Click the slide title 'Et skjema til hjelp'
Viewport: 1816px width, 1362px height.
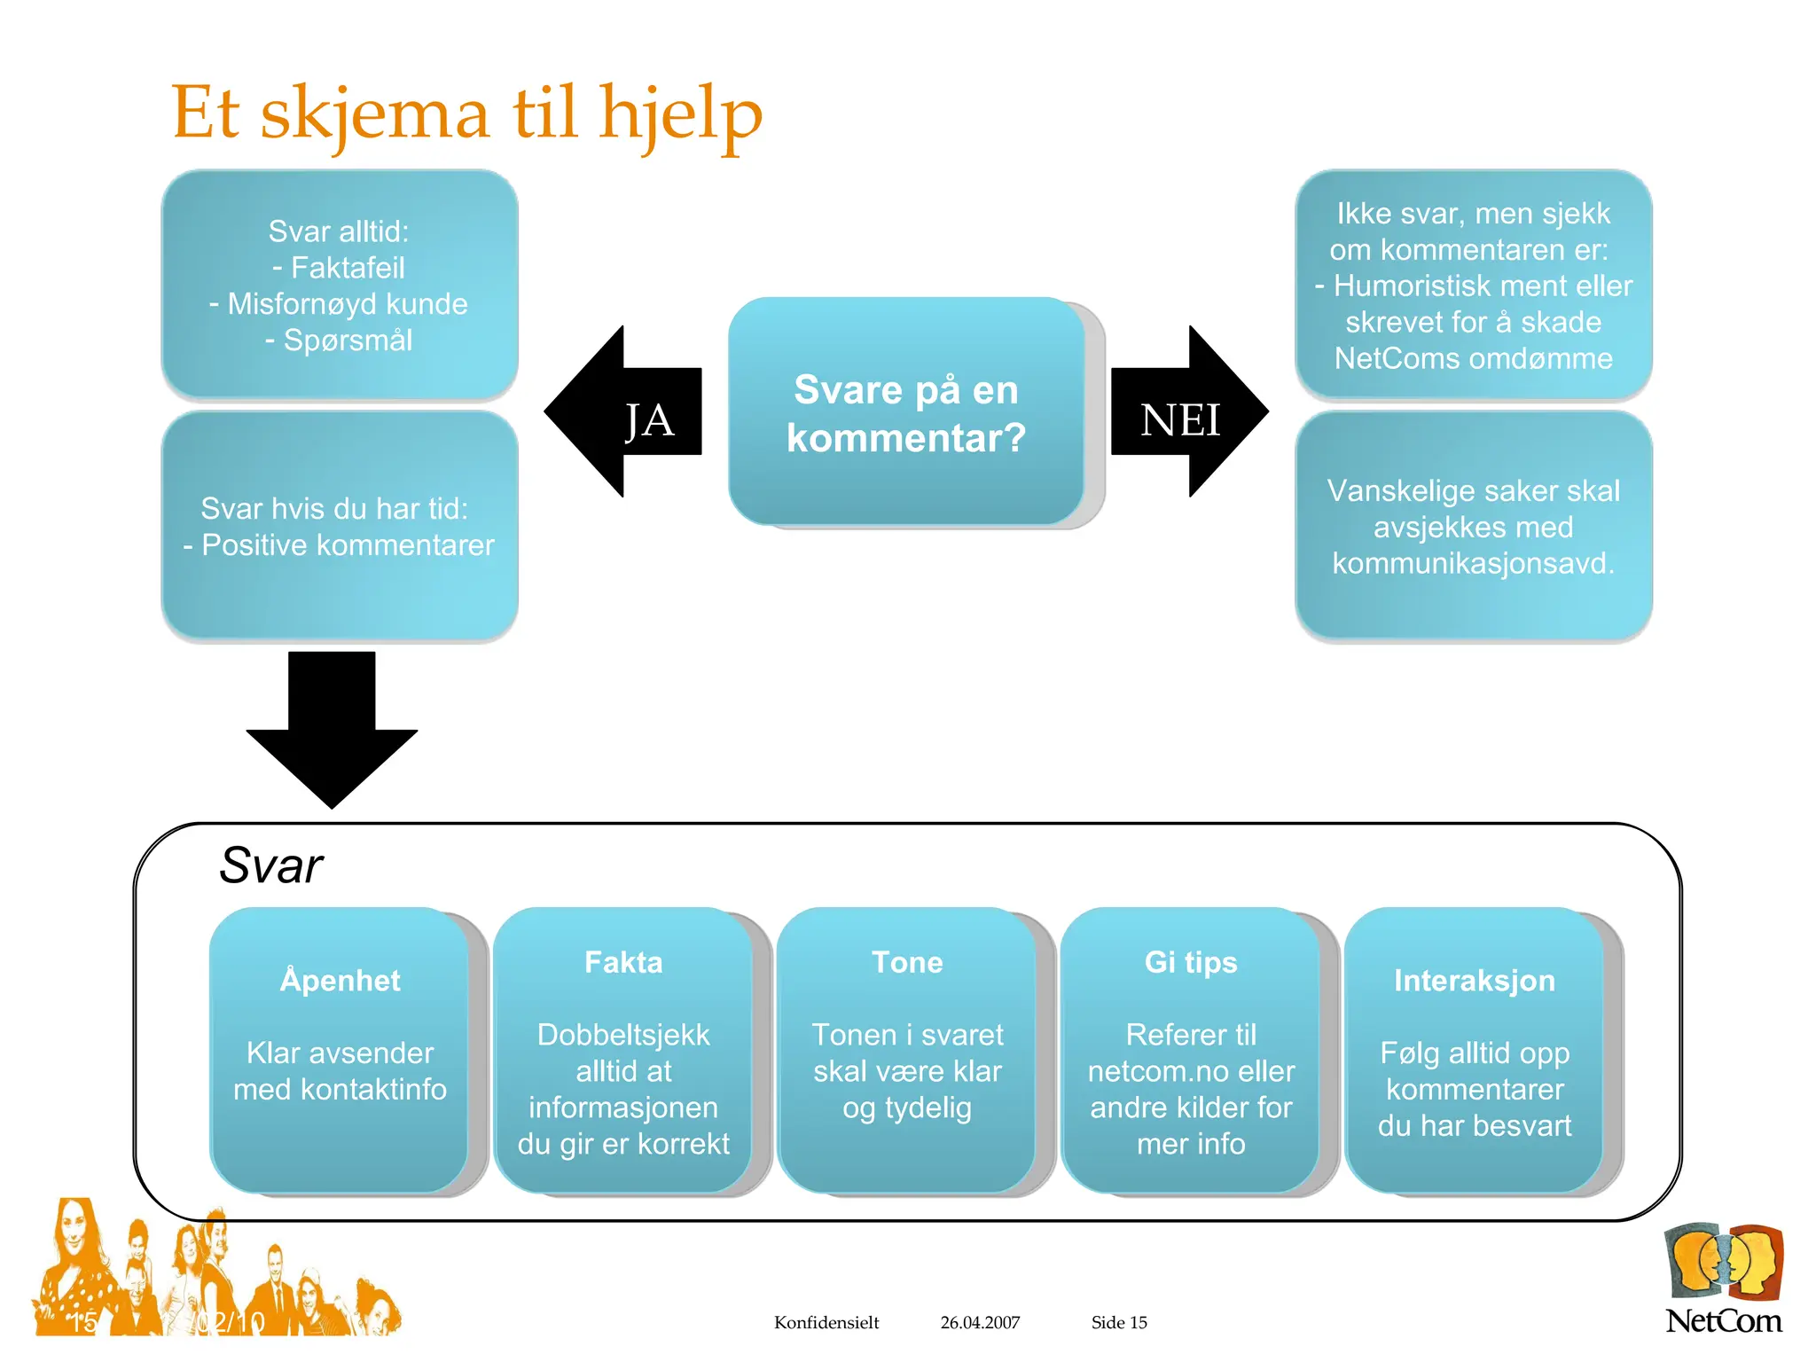point(466,113)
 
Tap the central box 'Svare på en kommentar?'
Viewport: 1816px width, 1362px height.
point(906,413)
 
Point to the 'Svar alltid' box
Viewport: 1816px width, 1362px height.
point(340,285)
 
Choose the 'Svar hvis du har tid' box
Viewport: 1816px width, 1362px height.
point(340,526)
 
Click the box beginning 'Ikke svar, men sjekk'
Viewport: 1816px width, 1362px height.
point(1473,285)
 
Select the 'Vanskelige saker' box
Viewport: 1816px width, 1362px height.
point(1473,526)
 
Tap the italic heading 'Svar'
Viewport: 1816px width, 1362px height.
point(270,865)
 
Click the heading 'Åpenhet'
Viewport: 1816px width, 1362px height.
point(340,981)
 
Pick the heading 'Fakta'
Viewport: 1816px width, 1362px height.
point(623,963)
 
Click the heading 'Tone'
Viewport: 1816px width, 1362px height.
point(907,963)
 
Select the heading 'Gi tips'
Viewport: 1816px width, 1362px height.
point(1191,963)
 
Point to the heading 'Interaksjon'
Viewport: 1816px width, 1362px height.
point(1475,981)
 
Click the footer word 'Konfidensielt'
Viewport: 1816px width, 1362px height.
point(826,1322)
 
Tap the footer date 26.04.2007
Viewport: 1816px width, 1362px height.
point(980,1322)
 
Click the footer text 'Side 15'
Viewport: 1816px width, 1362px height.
point(1119,1322)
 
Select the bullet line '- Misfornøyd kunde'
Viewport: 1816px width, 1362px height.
point(339,304)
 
